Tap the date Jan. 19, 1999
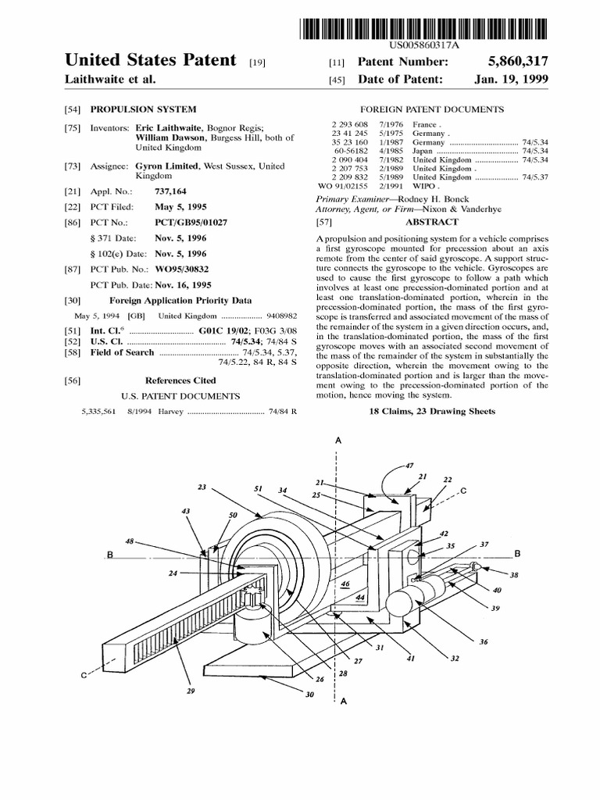point(511,80)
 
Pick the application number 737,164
point(172,191)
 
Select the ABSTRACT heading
point(431,222)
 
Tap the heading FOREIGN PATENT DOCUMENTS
point(431,109)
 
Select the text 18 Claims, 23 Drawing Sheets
point(432,411)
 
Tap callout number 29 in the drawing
point(191,691)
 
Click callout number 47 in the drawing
point(409,466)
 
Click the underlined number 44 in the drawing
point(360,598)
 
